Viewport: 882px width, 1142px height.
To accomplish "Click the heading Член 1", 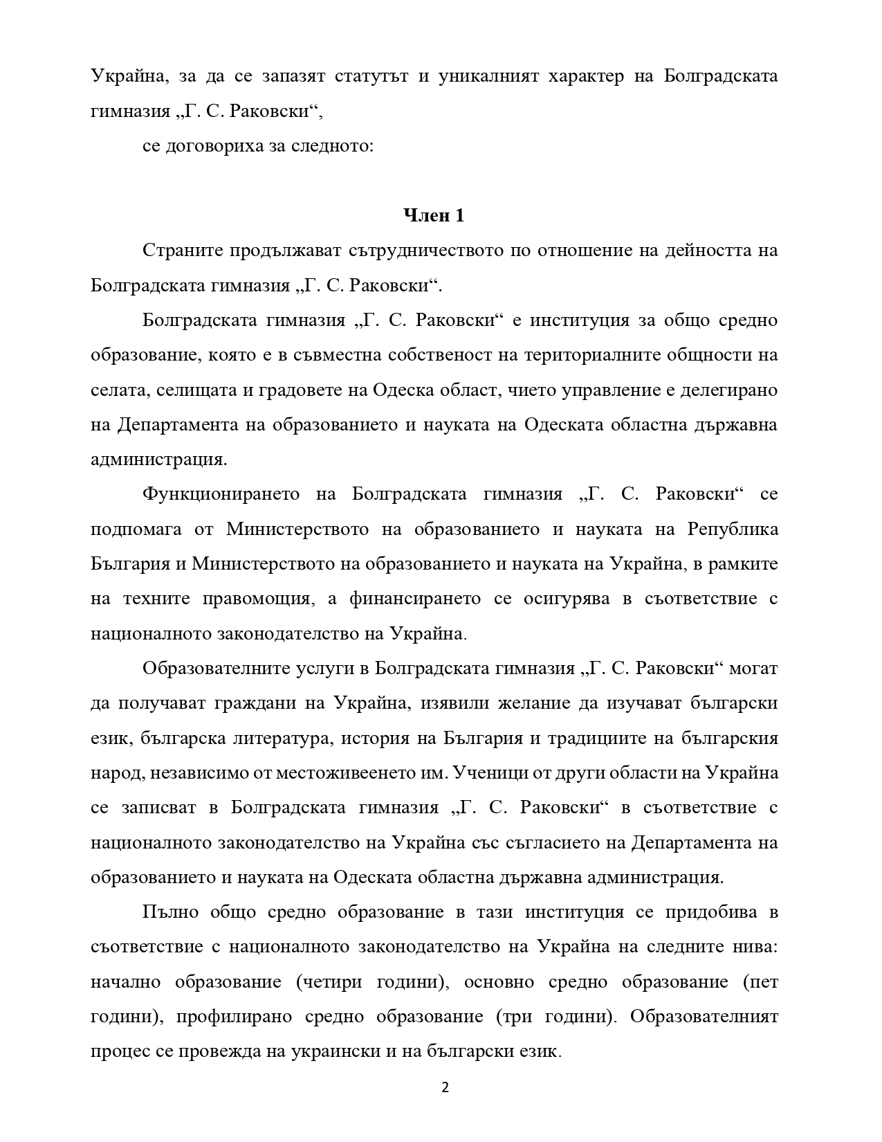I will [434, 216].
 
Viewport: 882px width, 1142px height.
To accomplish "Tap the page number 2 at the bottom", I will [445, 1087].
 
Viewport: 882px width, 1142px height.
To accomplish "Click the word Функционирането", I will [221, 494].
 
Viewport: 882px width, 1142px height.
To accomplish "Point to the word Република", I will [733, 529].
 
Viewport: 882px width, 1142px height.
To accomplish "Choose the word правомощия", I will [259, 599].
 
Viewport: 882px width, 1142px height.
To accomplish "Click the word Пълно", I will [170, 912].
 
